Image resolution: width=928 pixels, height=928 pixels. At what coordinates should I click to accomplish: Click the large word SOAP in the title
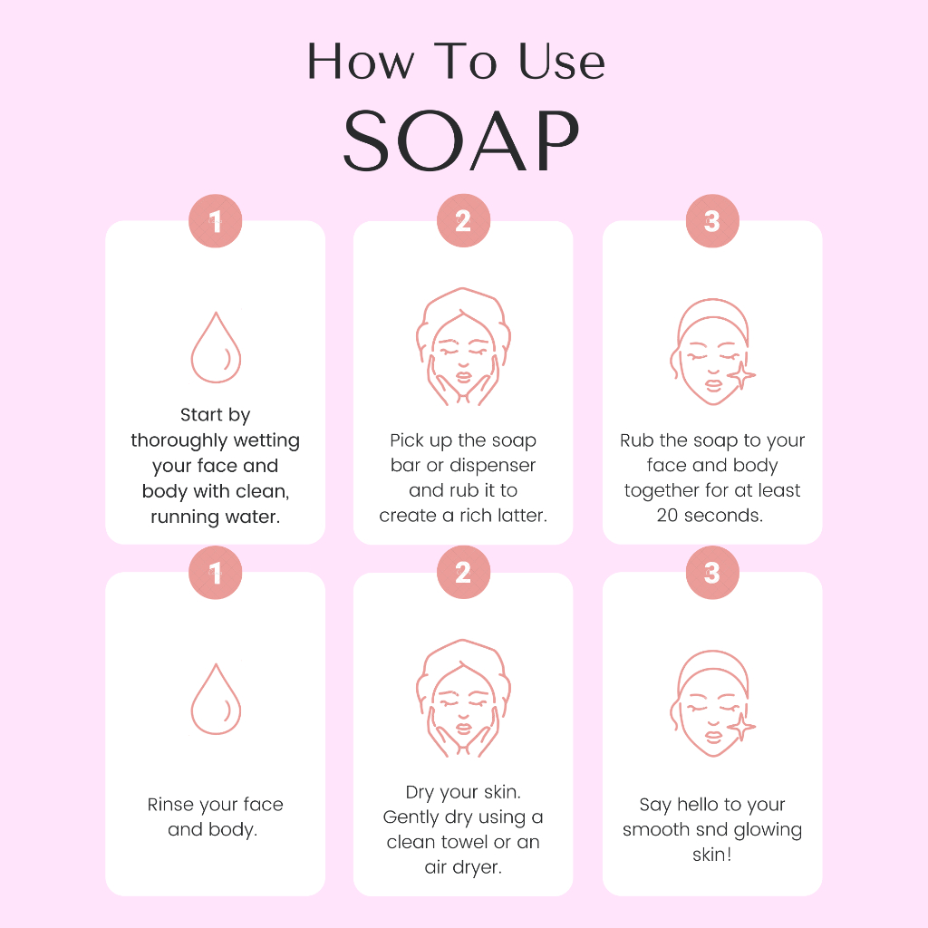coord(461,140)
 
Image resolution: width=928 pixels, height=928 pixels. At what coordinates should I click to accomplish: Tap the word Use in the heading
coord(562,61)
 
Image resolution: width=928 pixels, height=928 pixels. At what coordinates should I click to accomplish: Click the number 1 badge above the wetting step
coord(216,221)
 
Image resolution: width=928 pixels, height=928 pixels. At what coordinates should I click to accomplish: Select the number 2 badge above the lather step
coord(463,221)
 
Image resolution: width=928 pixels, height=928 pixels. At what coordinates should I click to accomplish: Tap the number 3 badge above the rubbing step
coord(712,221)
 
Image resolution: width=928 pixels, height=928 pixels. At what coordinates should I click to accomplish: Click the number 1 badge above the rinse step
coord(216,573)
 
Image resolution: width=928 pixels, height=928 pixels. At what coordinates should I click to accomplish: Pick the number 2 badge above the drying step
coord(463,573)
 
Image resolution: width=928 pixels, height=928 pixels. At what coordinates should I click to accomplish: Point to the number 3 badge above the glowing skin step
coord(712,573)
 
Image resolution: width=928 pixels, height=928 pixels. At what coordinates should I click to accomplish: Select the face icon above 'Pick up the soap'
coord(463,347)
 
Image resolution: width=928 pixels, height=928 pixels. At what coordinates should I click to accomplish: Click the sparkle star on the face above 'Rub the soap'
coord(741,375)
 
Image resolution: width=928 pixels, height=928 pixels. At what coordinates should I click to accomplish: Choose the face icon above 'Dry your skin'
coord(463,699)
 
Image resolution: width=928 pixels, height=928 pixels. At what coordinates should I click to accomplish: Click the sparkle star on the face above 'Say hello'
coord(741,727)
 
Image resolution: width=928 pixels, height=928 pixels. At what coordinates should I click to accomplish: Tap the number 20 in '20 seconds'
coord(667,516)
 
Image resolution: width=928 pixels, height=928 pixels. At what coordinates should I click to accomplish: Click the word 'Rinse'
coord(171,805)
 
